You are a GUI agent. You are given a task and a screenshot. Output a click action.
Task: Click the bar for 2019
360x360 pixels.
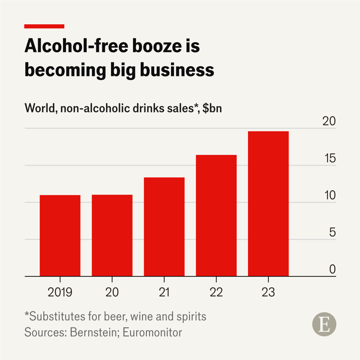[x=60, y=236]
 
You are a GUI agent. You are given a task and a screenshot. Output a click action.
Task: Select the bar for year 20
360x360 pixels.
[x=112, y=235]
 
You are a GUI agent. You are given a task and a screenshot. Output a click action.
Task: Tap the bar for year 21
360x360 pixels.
[x=164, y=227]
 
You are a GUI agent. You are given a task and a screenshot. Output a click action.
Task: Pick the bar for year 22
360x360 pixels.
[x=216, y=216]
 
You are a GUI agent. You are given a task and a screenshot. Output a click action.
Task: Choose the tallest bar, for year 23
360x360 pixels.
[x=268, y=204]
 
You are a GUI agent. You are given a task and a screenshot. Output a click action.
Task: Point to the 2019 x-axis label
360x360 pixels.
[x=60, y=292]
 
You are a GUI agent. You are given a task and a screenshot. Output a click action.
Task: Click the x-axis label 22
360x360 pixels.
[x=216, y=292]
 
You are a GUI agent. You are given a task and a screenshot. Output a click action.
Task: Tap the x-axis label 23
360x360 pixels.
[x=268, y=292]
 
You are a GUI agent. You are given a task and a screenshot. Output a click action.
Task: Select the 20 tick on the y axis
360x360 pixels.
[x=329, y=122]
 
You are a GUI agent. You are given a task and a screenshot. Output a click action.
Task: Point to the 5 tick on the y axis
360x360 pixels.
[x=332, y=233]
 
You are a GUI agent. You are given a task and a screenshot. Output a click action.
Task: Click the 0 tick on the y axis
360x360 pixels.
[x=332, y=269]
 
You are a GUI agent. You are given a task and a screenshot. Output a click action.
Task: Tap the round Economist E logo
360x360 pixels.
[x=324, y=324]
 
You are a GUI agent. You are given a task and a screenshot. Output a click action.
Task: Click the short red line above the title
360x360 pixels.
[x=44, y=26]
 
